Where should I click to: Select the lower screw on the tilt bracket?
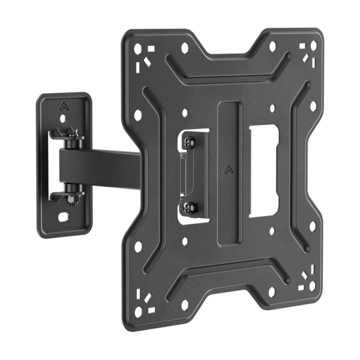coord(191,207)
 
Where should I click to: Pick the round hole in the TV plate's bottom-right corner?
coord(313,293)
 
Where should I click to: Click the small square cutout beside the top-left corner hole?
coord(151,48)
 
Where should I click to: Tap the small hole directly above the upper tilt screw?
coord(185,112)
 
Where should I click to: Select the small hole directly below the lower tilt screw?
coord(185,241)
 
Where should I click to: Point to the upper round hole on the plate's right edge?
coord(313,106)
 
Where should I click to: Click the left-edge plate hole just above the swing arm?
coord(139,114)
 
